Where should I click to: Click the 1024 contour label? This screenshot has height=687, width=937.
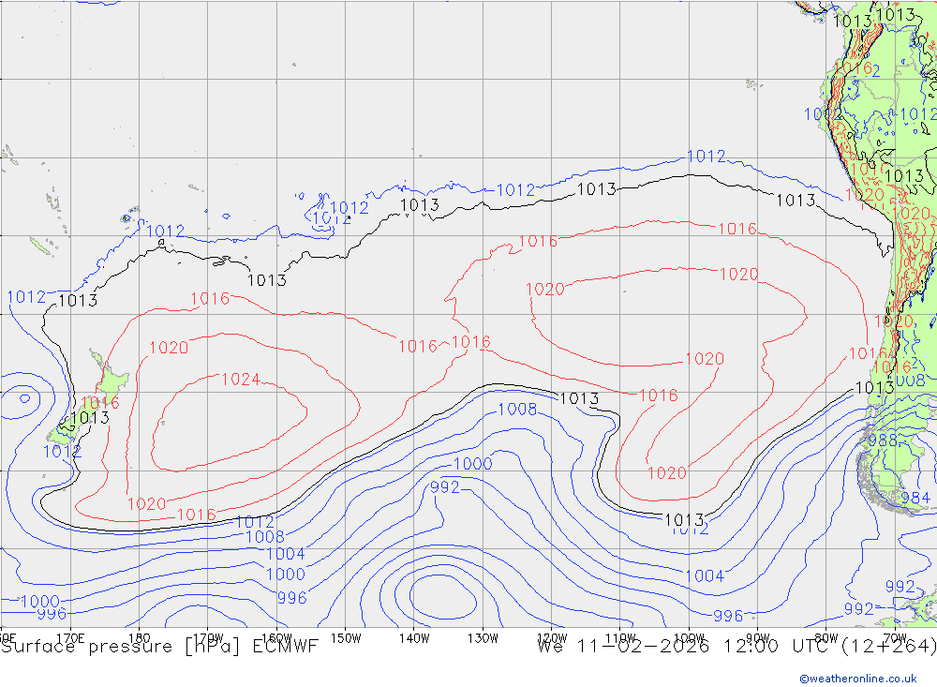(x=241, y=380)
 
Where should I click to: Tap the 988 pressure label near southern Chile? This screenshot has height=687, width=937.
(x=883, y=441)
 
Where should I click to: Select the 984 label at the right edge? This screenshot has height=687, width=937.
(x=915, y=498)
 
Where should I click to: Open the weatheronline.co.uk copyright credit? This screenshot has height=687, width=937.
(x=857, y=678)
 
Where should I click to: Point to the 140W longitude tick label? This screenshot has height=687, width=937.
(x=413, y=638)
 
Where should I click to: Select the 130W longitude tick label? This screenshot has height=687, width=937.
(x=483, y=638)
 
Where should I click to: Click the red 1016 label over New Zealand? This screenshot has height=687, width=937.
(x=99, y=404)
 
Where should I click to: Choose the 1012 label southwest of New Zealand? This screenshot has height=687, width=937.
(x=62, y=451)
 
